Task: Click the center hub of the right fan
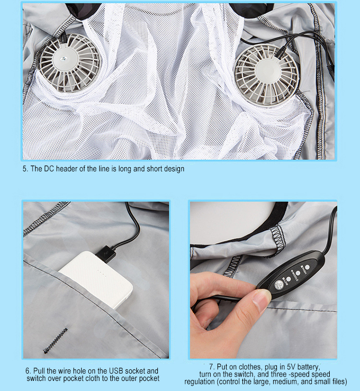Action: click(267, 74)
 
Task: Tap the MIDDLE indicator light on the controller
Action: click(298, 272)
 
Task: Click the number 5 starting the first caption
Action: click(25, 169)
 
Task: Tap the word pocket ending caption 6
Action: click(147, 379)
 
